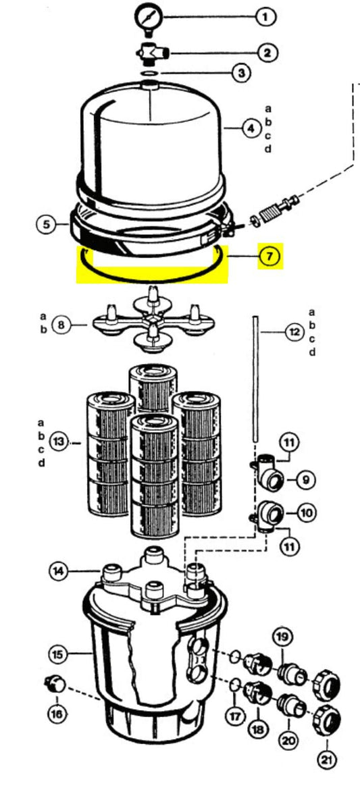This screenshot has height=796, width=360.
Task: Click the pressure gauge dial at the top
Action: (148, 18)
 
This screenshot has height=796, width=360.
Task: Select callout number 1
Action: (264, 18)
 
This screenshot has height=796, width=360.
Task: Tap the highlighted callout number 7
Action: (269, 257)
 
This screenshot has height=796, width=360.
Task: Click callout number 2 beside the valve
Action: (267, 52)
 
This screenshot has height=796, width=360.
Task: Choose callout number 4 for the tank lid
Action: (251, 129)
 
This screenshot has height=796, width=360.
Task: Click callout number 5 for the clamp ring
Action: (47, 224)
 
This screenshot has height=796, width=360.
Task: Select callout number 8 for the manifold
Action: (61, 323)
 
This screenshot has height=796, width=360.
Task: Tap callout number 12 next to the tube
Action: (294, 333)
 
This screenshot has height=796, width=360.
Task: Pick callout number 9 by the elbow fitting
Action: (305, 479)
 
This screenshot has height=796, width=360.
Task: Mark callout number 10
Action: (306, 512)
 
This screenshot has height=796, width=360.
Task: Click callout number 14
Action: (60, 572)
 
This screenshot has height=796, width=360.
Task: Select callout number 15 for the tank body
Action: (59, 655)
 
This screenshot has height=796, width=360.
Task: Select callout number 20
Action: (290, 741)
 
